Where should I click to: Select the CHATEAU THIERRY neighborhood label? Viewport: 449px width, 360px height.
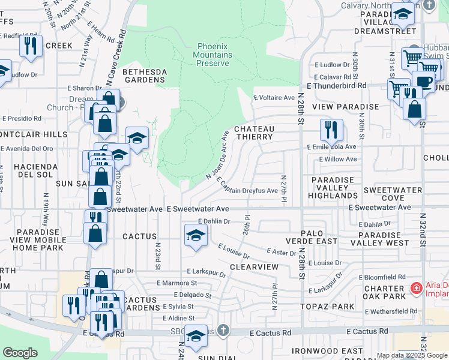[x=254, y=133]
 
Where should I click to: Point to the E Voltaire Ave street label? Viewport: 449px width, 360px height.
[x=274, y=97]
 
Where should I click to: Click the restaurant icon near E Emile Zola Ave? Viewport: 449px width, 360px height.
[x=331, y=130]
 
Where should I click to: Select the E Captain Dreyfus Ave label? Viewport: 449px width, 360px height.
[x=246, y=186]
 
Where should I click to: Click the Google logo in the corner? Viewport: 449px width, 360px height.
[x=20, y=353]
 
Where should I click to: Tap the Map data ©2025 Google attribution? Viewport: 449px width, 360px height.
[x=412, y=355]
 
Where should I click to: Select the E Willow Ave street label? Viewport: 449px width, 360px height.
[x=337, y=160]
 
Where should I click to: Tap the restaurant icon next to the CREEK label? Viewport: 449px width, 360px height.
[x=31, y=46]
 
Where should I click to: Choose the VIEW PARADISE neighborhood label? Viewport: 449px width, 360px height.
[x=350, y=106]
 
